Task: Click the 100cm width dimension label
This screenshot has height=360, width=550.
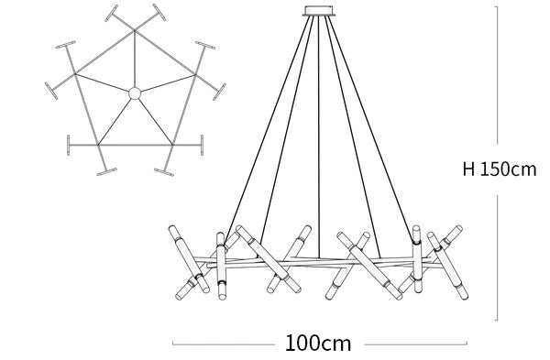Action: pyautogui.click(x=318, y=344)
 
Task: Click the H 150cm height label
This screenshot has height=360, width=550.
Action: pyautogui.click(x=500, y=169)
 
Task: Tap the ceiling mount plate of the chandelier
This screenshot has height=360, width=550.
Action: pyautogui.click(x=319, y=11)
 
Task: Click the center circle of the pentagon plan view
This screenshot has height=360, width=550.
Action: pyautogui.click(x=135, y=93)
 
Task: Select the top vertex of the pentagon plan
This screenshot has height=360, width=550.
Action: pyautogui.click(x=135, y=31)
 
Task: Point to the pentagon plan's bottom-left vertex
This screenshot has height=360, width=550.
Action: pyautogui.click(x=98, y=145)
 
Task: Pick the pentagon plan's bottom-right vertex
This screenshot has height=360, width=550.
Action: pyautogui.click(x=172, y=145)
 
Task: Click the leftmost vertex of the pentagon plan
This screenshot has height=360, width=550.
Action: pyautogui.click(x=75, y=74)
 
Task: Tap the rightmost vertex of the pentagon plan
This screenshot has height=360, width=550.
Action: pyautogui.click(x=195, y=74)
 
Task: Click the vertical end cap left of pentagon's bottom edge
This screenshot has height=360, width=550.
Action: pyautogui.click(x=69, y=145)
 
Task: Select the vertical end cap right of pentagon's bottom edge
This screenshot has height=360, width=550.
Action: pyautogui.click(x=202, y=145)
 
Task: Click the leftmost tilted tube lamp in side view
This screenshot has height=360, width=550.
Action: pyautogui.click(x=189, y=259)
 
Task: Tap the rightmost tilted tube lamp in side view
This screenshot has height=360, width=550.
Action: pyautogui.click(x=447, y=266)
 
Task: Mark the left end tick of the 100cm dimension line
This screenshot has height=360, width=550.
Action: pyautogui.click(x=172, y=344)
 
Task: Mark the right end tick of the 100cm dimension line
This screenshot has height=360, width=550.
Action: pyautogui.click(x=467, y=344)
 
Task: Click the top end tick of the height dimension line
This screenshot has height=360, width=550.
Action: pyautogui.click(x=496, y=6)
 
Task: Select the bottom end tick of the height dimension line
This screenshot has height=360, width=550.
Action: pyautogui.click(x=496, y=320)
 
